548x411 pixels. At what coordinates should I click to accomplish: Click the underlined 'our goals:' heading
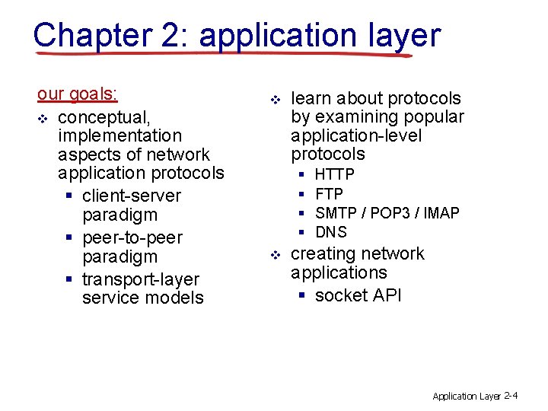78,94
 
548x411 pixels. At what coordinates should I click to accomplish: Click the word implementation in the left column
119,135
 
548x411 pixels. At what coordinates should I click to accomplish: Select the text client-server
131,196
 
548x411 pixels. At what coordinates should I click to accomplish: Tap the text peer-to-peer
132,237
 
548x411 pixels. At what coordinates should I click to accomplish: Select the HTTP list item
334,175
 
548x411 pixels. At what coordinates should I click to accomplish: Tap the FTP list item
329,194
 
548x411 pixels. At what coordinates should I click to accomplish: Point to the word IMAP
441,213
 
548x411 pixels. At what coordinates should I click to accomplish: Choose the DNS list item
330,232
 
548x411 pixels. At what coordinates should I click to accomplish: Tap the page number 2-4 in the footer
511,396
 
